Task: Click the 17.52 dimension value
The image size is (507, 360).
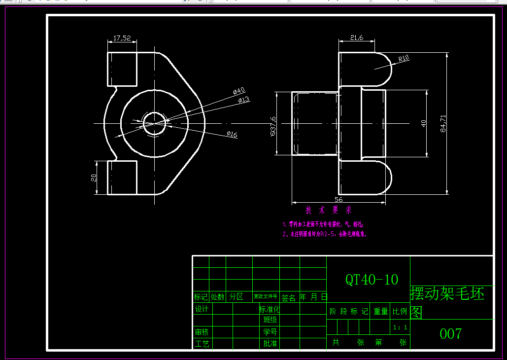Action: [122, 38]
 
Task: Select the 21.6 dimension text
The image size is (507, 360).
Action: [357, 37]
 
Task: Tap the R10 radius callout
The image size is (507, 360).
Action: [404, 58]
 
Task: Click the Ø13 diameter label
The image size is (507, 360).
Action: [243, 100]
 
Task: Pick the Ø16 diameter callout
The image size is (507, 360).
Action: [232, 134]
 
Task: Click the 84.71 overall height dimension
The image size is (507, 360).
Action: [443, 123]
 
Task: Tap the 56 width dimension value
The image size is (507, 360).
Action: [338, 199]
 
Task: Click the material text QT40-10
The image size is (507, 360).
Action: [372, 280]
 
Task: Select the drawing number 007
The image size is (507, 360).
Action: [450, 334]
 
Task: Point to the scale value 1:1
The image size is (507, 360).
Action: [400, 327]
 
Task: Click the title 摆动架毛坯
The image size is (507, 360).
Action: [447, 294]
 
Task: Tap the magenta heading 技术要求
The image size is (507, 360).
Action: [329, 211]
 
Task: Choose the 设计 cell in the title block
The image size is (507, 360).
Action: [202, 309]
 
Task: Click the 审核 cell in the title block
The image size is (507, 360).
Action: [202, 332]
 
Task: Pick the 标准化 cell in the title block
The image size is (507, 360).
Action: [270, 309]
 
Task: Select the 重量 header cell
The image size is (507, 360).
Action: [380, 311]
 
